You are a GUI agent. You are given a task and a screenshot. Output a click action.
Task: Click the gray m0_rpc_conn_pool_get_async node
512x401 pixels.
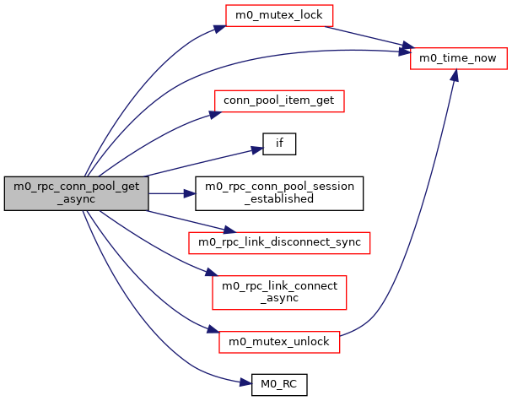[x=77, y=193]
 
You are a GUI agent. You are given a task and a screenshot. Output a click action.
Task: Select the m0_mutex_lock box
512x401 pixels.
[x=279, y=15]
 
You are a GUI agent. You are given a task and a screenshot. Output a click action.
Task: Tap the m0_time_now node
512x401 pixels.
[x=458, y=58]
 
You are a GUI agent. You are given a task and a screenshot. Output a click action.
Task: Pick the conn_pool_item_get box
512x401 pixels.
[x=279, y=100]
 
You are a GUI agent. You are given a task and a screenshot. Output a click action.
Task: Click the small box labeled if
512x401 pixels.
[x=279, y=143]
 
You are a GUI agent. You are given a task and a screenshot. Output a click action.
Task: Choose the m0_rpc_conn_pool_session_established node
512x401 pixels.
[x=279, y=193]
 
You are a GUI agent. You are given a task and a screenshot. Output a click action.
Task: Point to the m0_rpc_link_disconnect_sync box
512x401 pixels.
[x=279, y=242]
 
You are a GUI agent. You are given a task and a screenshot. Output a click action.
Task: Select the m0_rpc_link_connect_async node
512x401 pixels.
[x=279, y=292]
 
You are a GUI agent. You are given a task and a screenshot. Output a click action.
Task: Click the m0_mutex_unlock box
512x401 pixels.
[x=279, y=342]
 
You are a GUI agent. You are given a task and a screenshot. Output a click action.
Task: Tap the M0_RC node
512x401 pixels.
[x=279, y=385]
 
